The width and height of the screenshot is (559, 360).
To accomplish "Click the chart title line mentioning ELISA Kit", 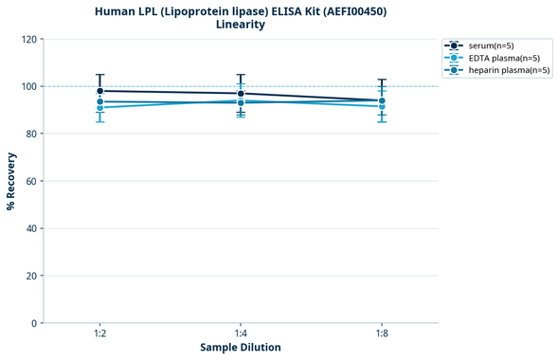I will (241, 11).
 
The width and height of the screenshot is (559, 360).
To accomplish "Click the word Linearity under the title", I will (241, 25).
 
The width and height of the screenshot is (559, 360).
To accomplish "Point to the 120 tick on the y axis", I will (29, 39).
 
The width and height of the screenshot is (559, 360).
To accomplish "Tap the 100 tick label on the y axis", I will (29, 86).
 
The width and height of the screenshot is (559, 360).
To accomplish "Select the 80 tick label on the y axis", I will (31, 134).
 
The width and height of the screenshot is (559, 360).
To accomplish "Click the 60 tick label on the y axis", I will (31, 181).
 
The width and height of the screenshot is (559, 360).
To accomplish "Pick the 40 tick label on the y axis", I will (31, 228).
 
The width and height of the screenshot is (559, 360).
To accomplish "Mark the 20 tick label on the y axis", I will (31, 276).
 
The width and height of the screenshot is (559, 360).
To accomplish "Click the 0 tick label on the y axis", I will (34, 323).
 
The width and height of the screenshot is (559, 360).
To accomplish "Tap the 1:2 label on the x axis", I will (99, 334).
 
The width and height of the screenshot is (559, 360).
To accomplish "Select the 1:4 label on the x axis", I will (241, 334).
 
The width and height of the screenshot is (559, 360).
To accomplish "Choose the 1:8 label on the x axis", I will (382, 334).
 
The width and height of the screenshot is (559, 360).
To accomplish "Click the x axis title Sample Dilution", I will (241, 348).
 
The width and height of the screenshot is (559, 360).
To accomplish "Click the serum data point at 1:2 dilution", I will (99, 91).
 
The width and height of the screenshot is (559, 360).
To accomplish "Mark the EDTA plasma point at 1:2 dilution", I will (99, 107).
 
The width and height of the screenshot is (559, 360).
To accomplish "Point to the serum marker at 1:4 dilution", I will (241, 93).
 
